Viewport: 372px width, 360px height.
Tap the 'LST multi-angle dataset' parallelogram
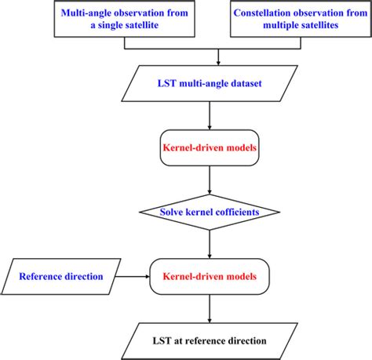pos(207,82)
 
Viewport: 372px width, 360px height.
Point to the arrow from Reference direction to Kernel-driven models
pos(133,276)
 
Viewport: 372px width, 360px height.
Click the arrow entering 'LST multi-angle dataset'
pos(207,54)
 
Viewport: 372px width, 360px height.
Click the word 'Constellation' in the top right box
pos(275,13)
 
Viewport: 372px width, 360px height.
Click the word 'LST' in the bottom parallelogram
pos(162,340)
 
